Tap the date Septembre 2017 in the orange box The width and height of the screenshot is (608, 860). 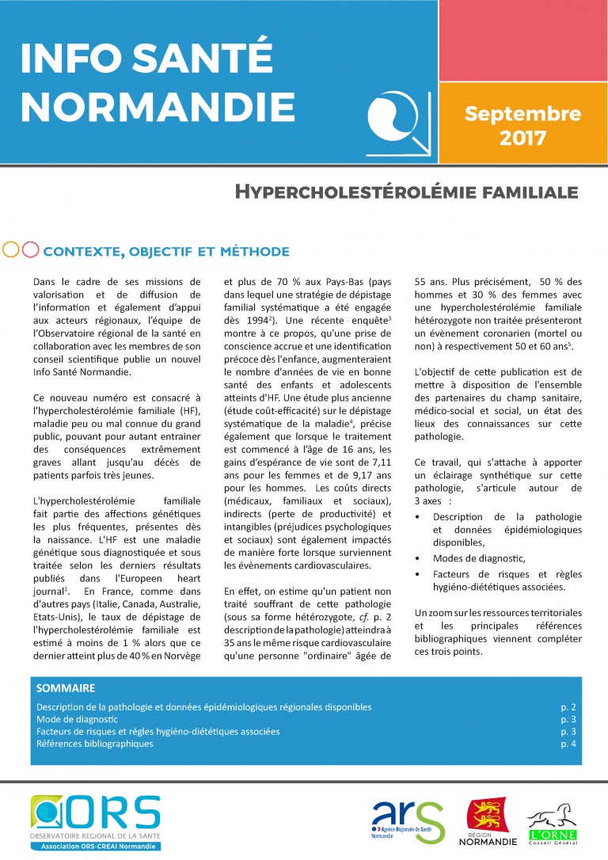tap(522, 125)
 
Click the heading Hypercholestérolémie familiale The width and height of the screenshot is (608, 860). tap(406, 192)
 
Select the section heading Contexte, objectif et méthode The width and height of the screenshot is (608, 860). tap(166, 252)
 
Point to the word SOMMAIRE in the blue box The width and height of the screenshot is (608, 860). tap(66, 688)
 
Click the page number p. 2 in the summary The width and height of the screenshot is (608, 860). tap(568, 706)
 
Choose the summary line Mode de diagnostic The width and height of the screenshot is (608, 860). tap(77, 719)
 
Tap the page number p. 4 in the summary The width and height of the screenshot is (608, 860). tap(568, 744)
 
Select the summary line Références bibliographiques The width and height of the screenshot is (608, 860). tap(95, 744)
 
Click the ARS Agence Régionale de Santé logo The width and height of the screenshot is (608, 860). tap(408, 822)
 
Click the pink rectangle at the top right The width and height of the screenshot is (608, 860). tap(522, 40)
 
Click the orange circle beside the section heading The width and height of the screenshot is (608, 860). tap(12, 249)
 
